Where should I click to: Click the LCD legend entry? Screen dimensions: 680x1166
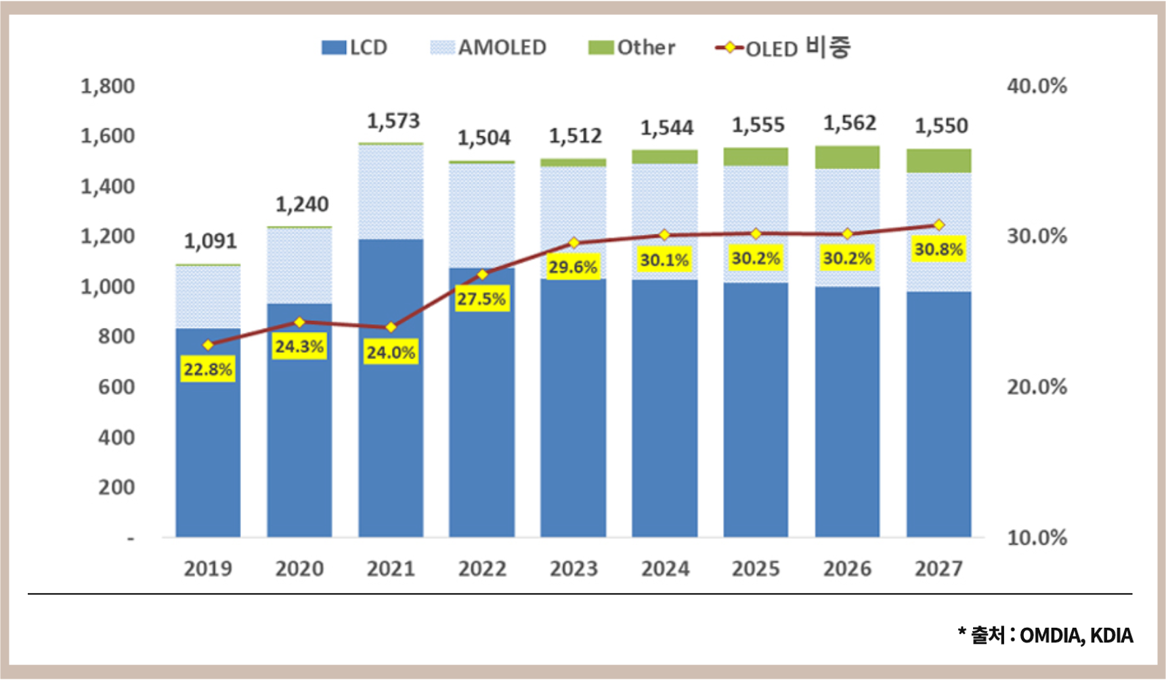click(355, 47)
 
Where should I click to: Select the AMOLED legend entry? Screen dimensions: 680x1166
click(489, 47)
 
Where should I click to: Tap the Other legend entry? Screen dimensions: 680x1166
click(632, 47)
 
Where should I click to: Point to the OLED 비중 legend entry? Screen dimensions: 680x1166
click(783, 47)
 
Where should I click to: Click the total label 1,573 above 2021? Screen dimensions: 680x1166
click(393, 121)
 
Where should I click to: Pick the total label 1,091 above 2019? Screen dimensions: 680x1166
click(211, 241)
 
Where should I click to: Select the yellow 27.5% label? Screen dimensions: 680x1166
click(481, 299)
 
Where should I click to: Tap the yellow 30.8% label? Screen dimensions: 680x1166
click(938, 249)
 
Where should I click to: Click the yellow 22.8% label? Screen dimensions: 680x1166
click(208, 370)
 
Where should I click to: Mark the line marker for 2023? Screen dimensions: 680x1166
click(574, 242)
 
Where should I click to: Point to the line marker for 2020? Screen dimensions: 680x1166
click(299, 322)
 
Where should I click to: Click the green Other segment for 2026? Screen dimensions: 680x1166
click(847, 157)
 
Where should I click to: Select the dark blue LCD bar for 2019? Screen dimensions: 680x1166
click(208, 433)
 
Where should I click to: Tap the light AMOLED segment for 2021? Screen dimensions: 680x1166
click(391, 192)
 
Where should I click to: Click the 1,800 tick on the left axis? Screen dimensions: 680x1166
click(108, 86)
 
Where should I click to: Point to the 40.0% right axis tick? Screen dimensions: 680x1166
click(1037, 86)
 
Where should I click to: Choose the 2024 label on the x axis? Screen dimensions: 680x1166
click(665, 568)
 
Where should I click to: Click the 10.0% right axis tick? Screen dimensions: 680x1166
click(1037, 538)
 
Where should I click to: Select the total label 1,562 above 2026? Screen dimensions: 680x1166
click(850, 123)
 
